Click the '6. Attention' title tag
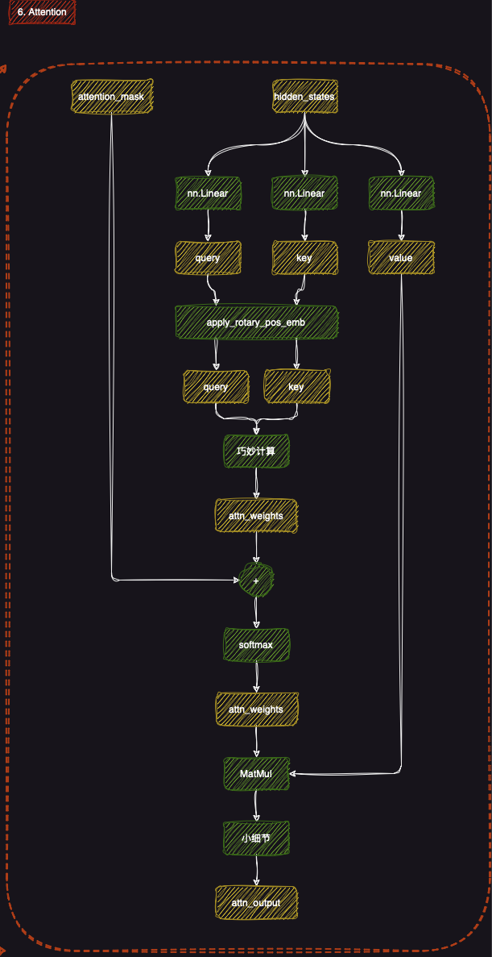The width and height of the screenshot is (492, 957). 41,12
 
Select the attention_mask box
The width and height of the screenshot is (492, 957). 111,97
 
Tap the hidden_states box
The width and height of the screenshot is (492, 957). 304,97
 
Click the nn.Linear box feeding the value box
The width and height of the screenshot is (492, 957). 400,193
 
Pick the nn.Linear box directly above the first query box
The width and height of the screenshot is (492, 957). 208,193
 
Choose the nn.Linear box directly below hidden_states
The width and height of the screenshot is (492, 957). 304,193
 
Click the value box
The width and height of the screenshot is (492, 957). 400,258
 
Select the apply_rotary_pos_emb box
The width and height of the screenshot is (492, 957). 256,322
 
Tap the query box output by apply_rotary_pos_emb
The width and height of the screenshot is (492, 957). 216,386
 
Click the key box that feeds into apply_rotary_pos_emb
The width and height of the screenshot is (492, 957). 304,258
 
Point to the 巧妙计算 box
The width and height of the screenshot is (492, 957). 256,451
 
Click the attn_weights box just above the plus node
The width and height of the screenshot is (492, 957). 256,515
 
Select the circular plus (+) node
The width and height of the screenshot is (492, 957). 256,580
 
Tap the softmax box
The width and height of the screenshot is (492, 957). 256,645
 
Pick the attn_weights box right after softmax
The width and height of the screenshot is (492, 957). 256,709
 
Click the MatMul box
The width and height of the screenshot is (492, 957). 256,773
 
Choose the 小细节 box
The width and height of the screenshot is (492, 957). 256,838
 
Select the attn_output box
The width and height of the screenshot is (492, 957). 256,902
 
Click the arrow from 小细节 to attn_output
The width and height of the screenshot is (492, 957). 256,871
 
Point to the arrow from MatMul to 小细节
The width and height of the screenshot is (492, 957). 256,806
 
